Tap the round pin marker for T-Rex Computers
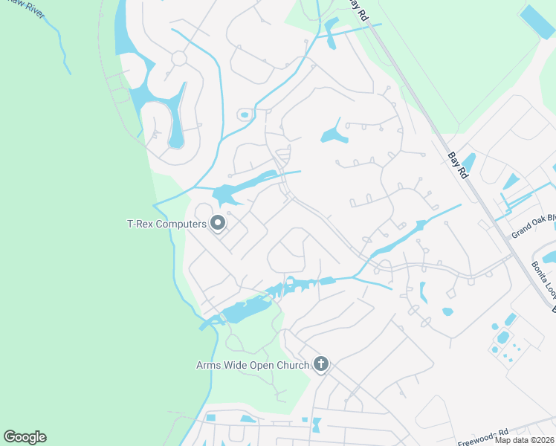click(218, 222)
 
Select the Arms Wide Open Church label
click(253, 364)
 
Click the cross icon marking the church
click(321, 364)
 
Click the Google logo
click(25, 437)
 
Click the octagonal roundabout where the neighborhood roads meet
click(178, 58)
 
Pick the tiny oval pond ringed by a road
click(245, 114)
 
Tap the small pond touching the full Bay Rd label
click(468, 161)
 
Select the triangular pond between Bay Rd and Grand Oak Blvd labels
click(511, 181)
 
